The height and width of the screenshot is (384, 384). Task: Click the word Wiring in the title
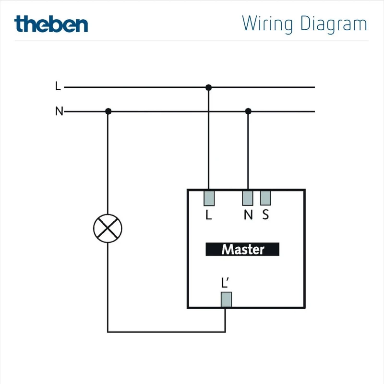(x=268, y=24)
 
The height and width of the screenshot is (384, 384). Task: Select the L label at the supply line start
(x=58, y=87)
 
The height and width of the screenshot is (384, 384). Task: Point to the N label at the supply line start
(x=59, y=112)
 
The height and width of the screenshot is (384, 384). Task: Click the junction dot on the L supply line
(x=208, y=87)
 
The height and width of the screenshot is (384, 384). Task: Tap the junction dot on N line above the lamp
(x=108, y=111)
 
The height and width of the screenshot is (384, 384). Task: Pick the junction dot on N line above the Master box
(x=248, y=111)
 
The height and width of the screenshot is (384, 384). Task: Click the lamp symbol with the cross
(x=108, y=228)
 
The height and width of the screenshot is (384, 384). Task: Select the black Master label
(x=242, y=250)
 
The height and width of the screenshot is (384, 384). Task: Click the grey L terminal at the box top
(x=209, y=198)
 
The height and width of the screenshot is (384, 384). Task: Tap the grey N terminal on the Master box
(x=248, y=198)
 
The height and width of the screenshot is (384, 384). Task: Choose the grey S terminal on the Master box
(x=265, y=198)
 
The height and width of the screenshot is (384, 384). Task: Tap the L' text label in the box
(x=226, y=283)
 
